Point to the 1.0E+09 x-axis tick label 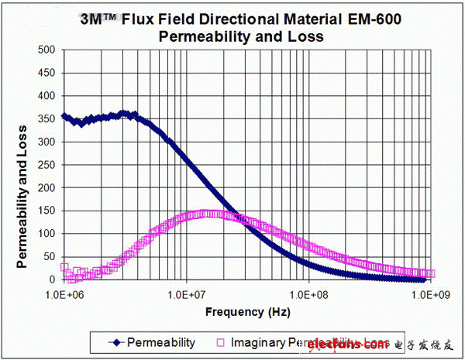tap(430, 295)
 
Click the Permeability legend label tap(160, 341)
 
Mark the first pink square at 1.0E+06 tap(64, 267)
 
